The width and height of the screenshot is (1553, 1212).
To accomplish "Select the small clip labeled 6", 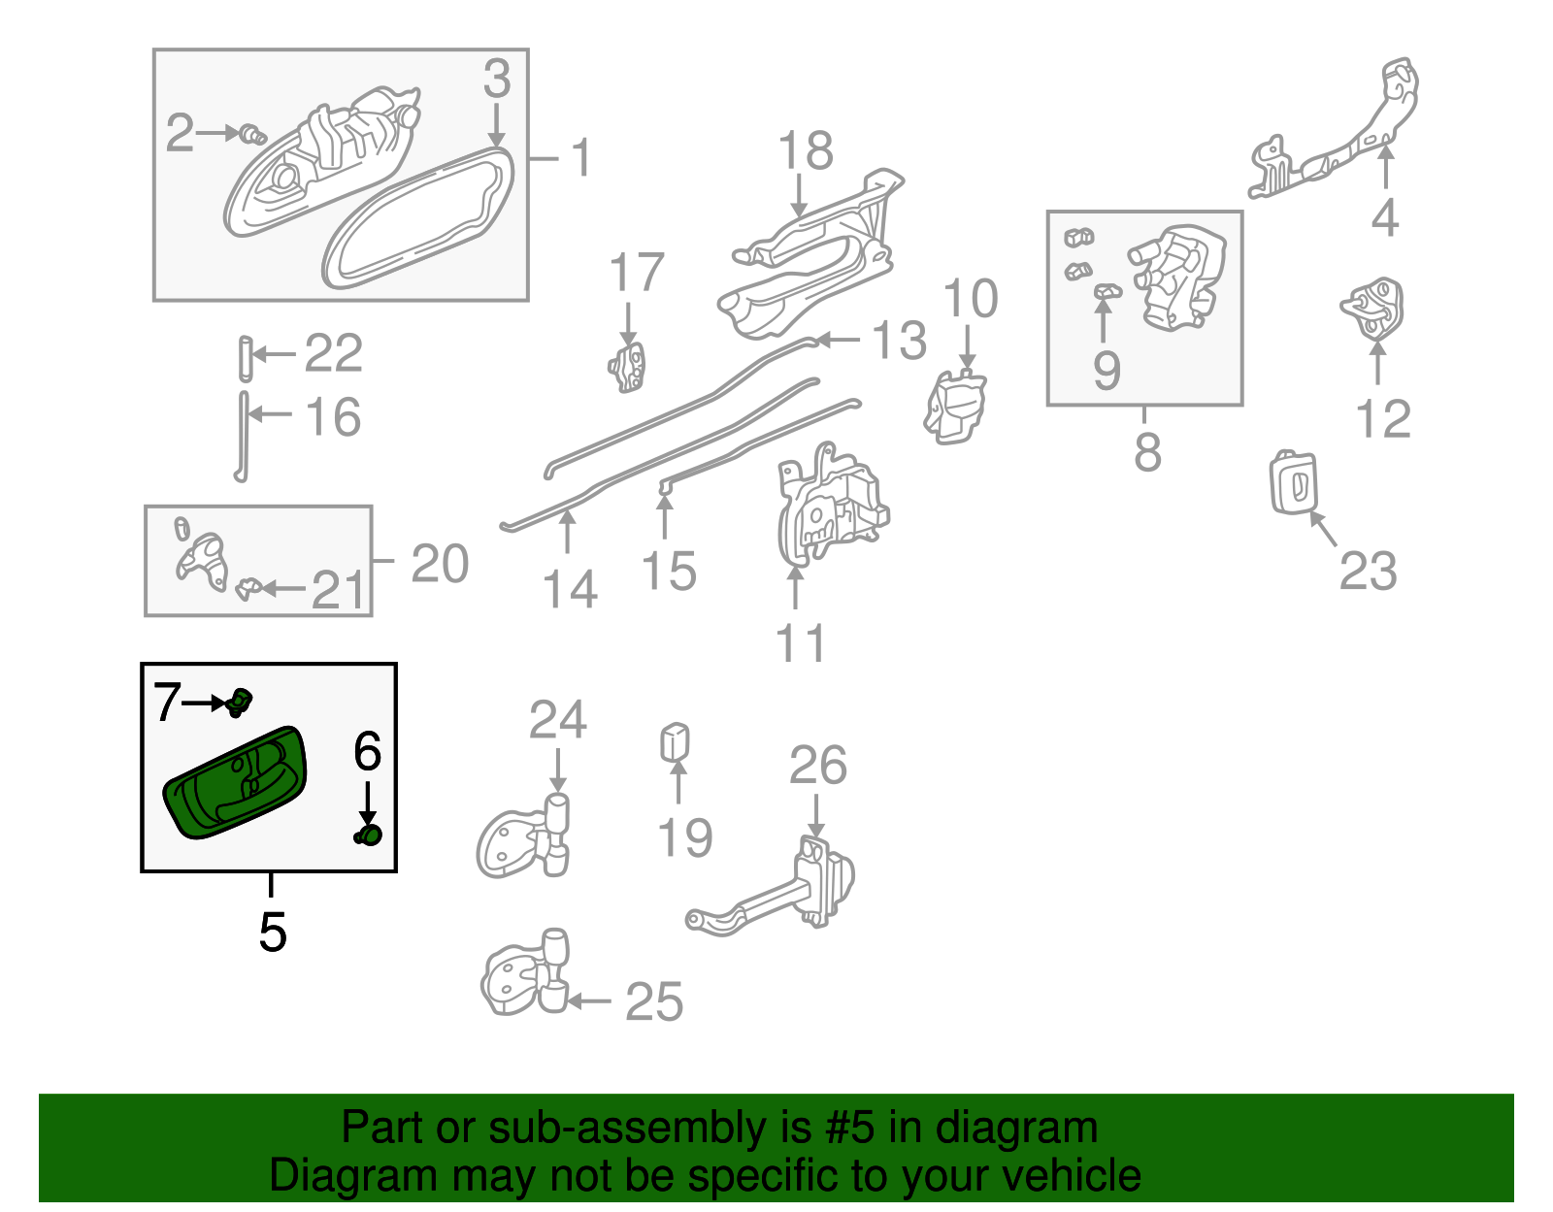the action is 369,835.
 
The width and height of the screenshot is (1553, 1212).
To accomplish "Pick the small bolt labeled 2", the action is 253,134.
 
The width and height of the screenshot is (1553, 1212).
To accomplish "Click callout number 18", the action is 806,151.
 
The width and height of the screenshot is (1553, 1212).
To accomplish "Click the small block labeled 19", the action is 675,743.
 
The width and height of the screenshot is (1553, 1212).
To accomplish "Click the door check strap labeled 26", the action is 776,888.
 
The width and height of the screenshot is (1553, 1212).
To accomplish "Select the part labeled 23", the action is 1295,482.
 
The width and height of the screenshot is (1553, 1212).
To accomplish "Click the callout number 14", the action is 569,589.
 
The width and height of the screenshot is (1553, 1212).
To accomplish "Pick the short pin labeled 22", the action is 245,358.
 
